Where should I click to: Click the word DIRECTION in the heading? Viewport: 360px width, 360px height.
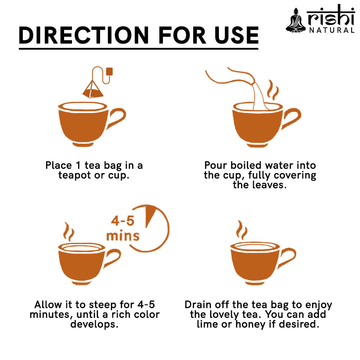[x=84, y=35]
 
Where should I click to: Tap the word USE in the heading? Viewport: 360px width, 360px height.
[x=237, y=35]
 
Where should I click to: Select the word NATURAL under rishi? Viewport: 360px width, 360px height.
[x=332, y=30]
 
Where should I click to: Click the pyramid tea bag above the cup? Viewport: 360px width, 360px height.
[x=93, y=90]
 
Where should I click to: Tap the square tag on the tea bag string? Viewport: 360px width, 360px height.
[x=109, y=71]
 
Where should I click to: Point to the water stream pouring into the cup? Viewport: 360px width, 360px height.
[x=260, y=96]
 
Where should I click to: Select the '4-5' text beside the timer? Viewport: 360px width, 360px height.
[x=123, y=221]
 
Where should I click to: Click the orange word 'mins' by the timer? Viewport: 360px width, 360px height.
[x=123, y=235]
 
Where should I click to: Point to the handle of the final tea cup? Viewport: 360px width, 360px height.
[x=287, y=257]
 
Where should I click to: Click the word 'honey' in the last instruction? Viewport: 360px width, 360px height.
[x=251, y=324]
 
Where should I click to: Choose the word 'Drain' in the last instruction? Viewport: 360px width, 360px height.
[x=198, y=305]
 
